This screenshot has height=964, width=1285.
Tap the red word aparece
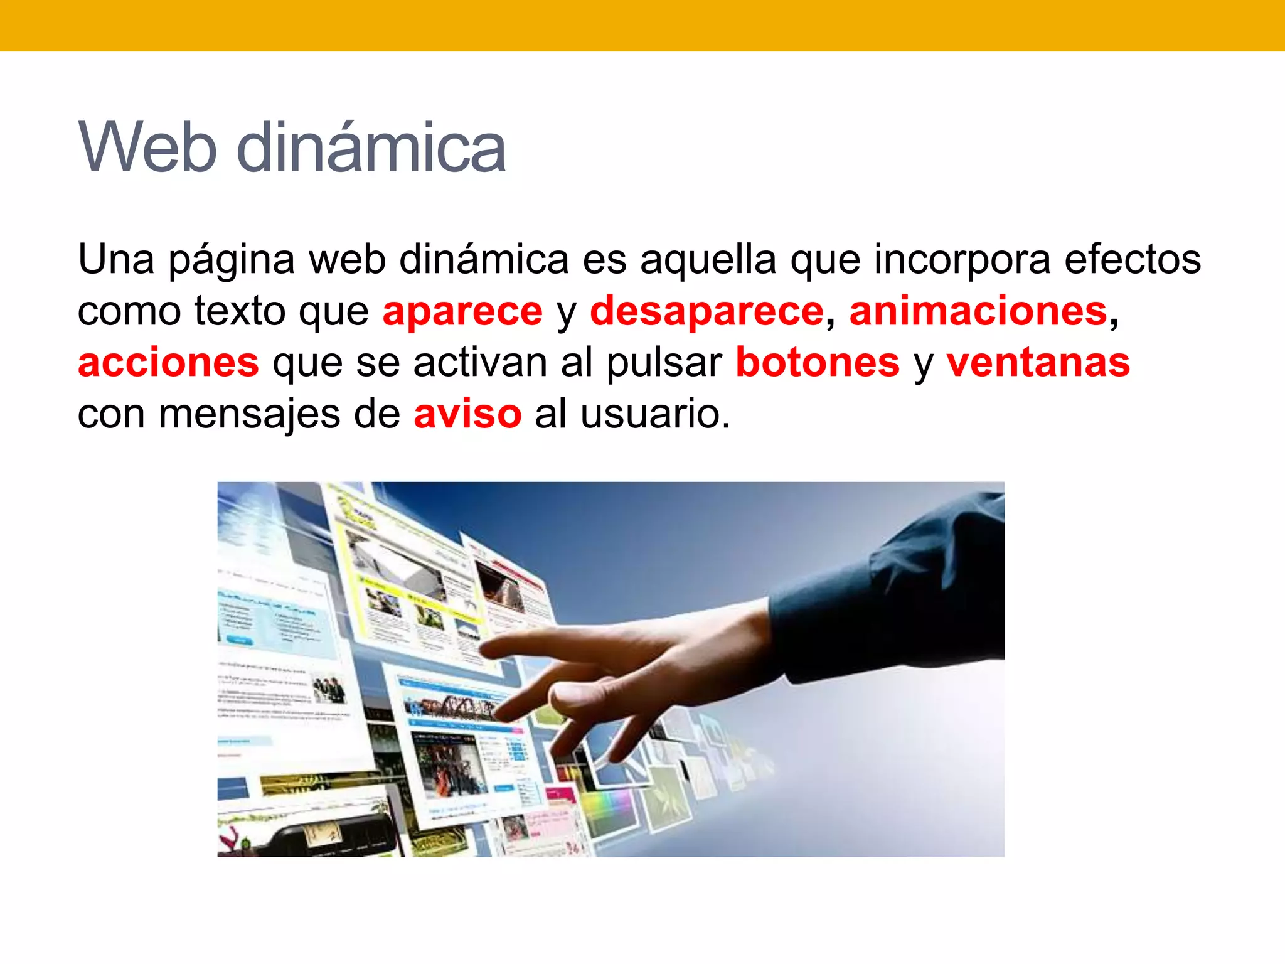pyautogui.click(x=462, y=311)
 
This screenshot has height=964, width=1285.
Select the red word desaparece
pyautogui.click(x=706, y=311)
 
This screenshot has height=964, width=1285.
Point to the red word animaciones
pyautogui.click(x=978, y=311)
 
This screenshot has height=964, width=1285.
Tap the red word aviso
pyautogui.click(x=467, y=414)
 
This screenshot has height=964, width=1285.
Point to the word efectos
pyautogui.click(x=1133, y=259)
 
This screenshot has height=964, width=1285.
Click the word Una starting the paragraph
pyautogui.click(x=116, y=259)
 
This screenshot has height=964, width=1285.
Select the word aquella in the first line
pyautogui.click(x=708, y=259)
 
